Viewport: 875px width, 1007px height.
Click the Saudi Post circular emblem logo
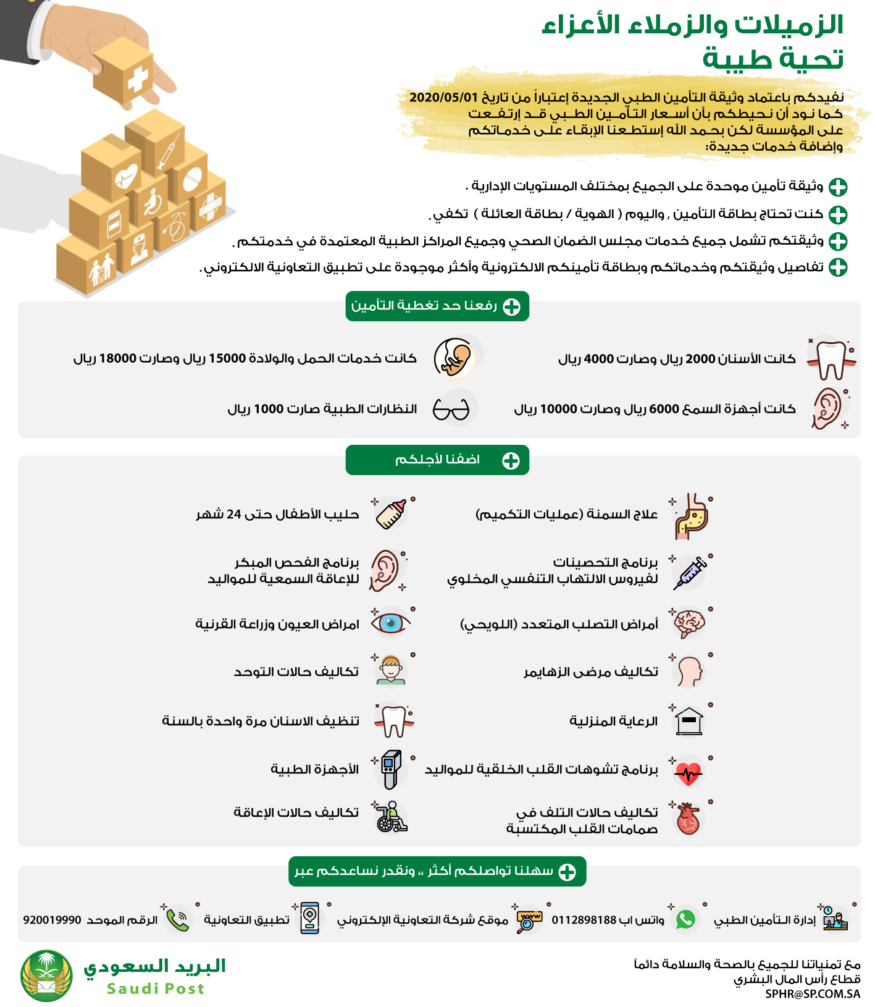point(46,975)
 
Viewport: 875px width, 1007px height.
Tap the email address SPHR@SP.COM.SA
point(813,994)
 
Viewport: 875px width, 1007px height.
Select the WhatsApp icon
point(685,919)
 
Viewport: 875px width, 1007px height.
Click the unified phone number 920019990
point(52,920)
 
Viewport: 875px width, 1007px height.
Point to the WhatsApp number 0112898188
point(584,920)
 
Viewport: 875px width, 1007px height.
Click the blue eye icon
point(390,623)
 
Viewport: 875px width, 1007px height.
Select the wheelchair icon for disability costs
point(391,817)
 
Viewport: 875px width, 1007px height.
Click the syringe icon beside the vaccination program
point(690,572)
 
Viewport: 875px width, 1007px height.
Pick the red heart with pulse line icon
point(689,772)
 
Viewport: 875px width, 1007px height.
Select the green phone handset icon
point(178,920)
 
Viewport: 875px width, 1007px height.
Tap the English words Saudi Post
point(156,988)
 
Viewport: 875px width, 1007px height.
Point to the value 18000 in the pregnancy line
point(117,358)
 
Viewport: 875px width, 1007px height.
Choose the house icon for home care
point(689,721)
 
